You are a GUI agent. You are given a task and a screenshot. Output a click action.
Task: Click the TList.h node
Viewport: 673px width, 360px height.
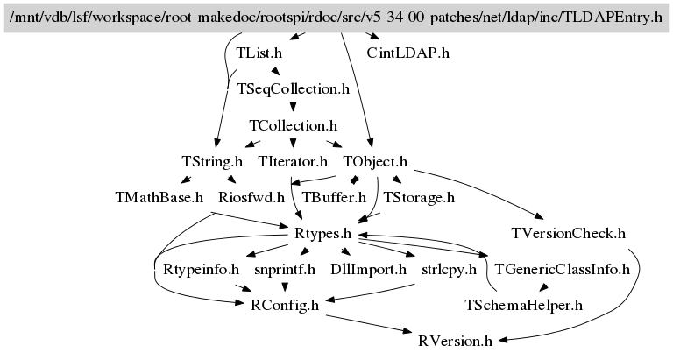259,53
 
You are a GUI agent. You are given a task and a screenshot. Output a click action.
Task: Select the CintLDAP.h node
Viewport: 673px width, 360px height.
408,53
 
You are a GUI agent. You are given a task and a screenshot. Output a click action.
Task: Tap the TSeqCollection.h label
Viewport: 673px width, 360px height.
294,89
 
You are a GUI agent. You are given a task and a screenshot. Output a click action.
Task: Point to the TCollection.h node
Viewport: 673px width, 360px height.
294,126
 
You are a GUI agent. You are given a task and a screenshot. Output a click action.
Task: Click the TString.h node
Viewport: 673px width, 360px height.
212,162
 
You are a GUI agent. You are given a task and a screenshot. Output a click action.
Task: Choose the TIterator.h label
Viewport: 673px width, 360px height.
293,162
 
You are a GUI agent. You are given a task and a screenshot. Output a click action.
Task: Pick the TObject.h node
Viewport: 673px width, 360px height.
375,162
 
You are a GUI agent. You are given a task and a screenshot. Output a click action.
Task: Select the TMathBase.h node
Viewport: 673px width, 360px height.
159,198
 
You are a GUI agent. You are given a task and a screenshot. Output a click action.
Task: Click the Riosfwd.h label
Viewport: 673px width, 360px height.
251,198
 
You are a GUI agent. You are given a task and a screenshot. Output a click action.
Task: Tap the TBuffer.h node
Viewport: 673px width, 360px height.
334,198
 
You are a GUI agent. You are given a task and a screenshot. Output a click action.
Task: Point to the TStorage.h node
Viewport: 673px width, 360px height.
419,198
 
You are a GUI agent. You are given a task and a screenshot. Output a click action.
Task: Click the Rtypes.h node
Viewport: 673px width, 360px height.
322,234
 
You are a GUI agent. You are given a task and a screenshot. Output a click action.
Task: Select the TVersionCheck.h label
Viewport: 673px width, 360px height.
568,234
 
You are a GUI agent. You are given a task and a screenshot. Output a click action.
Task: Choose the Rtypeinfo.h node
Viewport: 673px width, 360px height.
201,270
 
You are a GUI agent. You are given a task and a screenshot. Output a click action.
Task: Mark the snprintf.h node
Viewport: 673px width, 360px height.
285,270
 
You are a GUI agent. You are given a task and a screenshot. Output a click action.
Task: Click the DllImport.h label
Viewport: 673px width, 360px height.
368,270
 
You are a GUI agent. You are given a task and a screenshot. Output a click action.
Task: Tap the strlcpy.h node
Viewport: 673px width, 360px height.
449,270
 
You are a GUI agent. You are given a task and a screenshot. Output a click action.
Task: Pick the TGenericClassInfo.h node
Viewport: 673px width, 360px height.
563,270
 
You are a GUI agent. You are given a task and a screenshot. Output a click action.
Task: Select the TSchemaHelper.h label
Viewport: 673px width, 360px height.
524,306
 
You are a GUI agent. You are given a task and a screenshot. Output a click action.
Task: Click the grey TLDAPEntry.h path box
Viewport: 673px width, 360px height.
336,18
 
